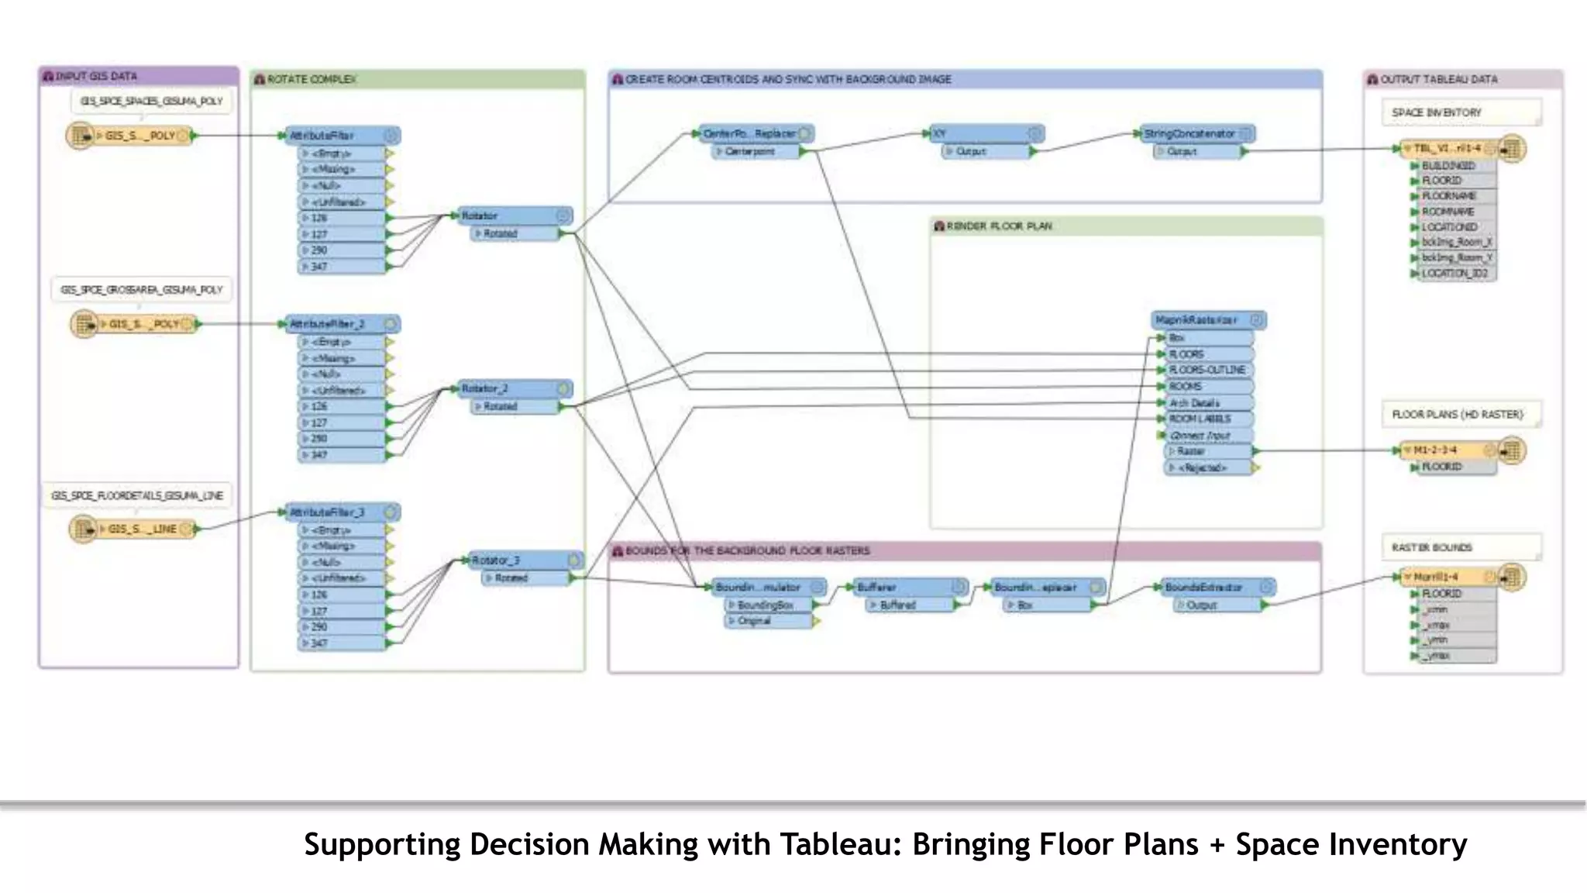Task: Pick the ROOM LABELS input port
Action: click(1200, 419)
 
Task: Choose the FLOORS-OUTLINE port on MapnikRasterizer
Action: click(1207, 371)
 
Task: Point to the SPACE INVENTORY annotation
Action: click(1436, 113)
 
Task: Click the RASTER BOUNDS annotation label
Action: click(1431, 548)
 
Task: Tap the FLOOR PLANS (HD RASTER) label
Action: click(1457, 415)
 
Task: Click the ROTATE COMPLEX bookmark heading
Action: click(312, 80)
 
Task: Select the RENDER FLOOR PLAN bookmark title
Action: click(999, 226)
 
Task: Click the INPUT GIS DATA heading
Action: click(96, 77)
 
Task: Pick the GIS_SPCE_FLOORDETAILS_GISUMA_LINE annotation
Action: click(137, 496)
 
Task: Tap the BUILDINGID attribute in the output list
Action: click(1448, 166)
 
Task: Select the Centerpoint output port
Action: click(750, 152)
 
